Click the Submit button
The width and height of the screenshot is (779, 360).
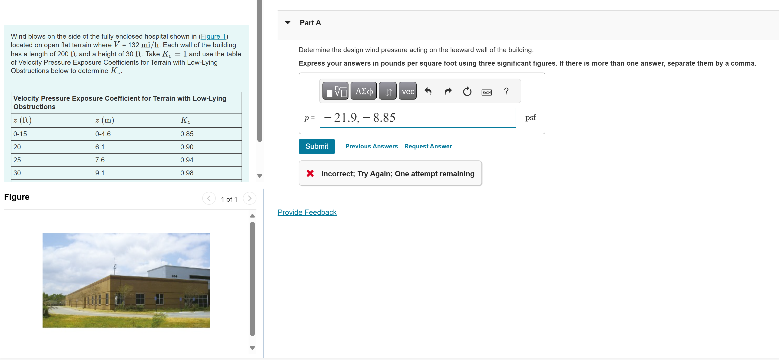(316, 147)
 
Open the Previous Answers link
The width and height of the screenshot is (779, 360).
(371, 147)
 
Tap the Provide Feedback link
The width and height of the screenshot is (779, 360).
(307, 212)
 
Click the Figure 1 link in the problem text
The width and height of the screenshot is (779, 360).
(213, 36)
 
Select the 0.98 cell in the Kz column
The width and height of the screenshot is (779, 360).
(187, 173)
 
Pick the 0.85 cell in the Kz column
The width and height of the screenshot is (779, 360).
(187, 134)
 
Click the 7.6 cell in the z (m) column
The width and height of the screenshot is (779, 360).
(100, 160)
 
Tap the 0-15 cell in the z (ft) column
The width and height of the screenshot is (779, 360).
(20, 134)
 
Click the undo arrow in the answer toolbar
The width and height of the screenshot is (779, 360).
(428, 91)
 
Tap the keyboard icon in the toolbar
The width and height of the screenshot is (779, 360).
(486, 92)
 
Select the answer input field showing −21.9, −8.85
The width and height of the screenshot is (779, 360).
(417, 118)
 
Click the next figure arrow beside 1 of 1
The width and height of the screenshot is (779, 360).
(249, 198)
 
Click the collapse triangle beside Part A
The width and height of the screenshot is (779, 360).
(288, 23)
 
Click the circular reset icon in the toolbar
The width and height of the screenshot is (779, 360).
(467, 91)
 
